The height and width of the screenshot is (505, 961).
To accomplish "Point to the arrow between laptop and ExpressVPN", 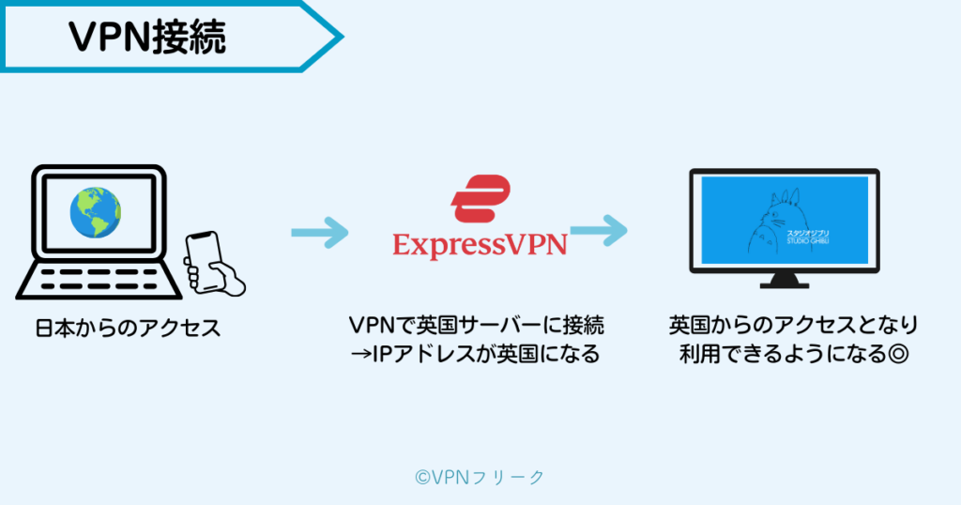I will click(319, 234).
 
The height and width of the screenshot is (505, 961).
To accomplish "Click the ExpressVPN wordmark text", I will click(480, 245).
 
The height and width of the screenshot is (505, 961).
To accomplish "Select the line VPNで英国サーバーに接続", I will click(476, 326).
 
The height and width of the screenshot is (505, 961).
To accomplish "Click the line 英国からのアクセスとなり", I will click(793, 326).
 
